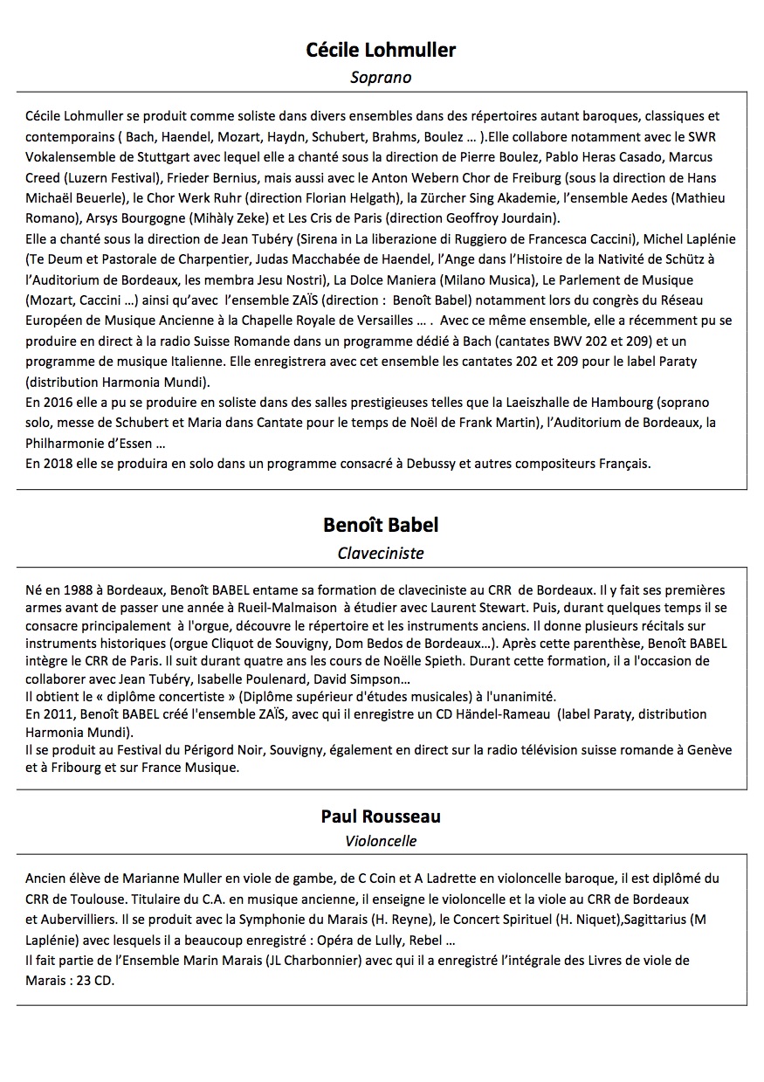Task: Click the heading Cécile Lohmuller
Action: tap(381, 50)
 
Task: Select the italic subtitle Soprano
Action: tap(381, 77)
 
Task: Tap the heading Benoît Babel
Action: tap(381, 525)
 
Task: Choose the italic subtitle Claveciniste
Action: tap(381, 553)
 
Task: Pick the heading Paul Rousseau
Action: tap(381, 817)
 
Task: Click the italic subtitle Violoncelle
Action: tap(381, 842)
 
